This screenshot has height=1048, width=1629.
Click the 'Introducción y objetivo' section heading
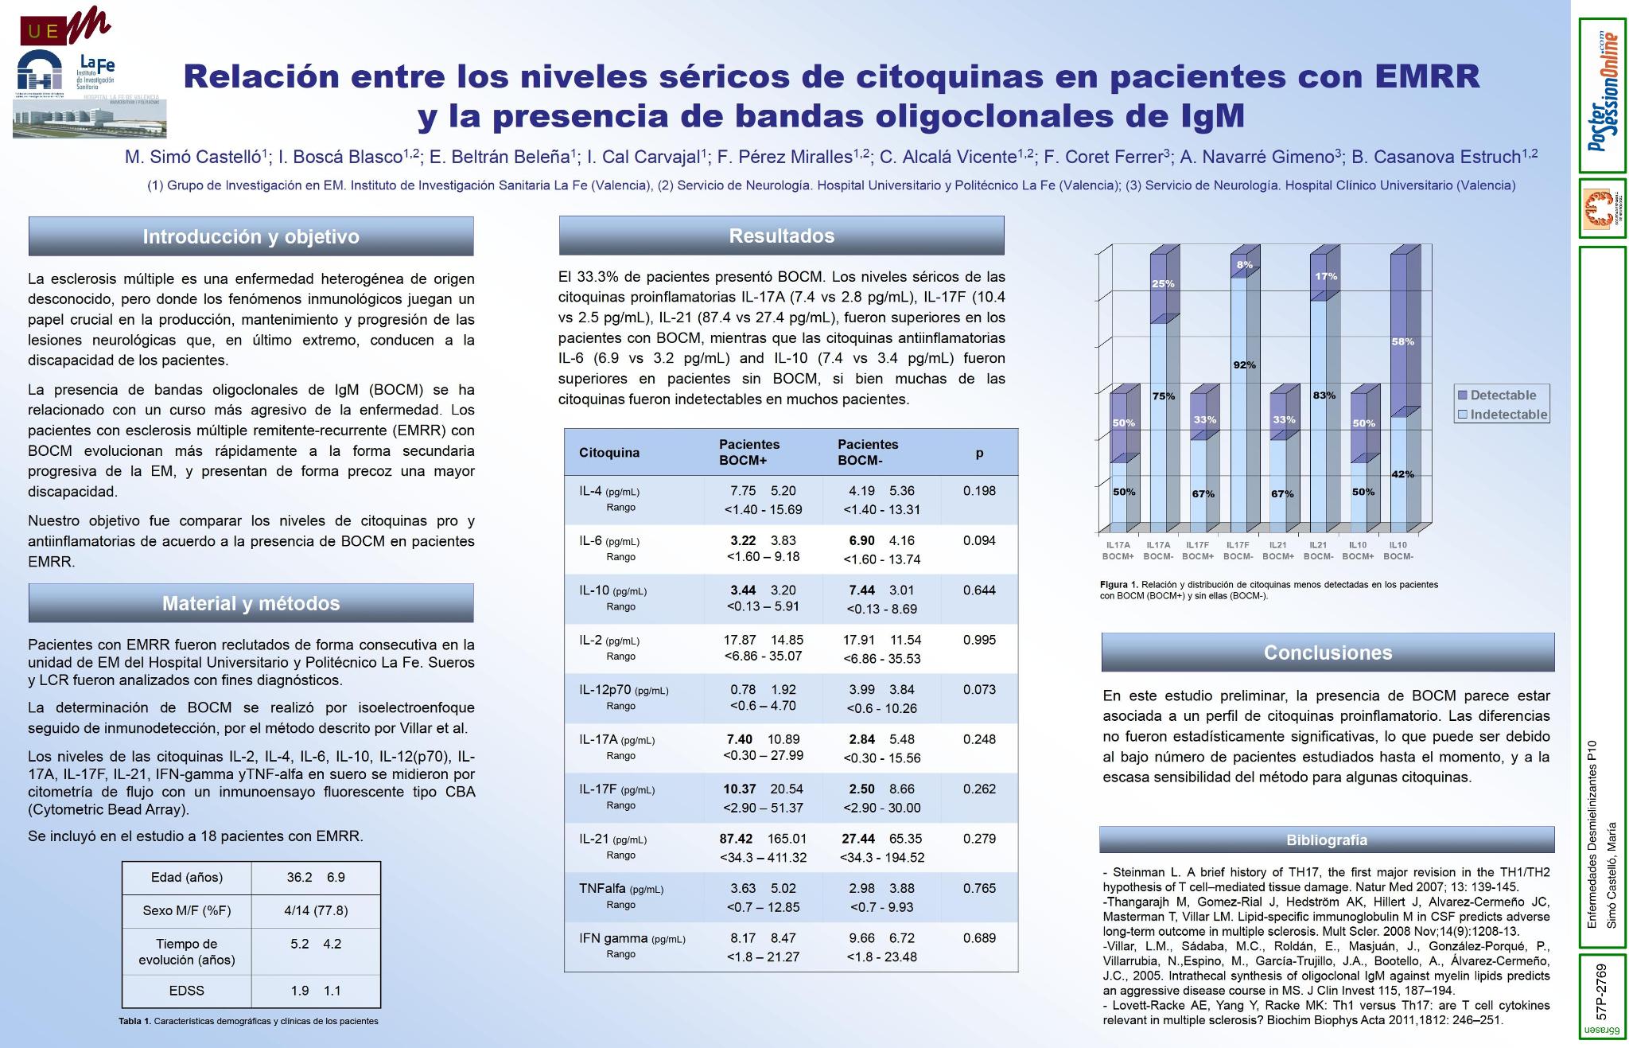(x=251, y=236)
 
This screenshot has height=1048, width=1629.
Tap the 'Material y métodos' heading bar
(x=251, y=603)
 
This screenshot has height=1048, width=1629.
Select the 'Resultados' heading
(x=781, y=236)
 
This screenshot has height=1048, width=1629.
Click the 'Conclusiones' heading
(x=1328, y=653)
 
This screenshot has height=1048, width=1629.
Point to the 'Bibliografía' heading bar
(x=1327, y=840)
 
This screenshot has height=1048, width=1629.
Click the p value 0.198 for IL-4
(x=979, y=491)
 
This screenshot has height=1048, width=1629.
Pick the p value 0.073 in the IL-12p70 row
(x=979, y=690)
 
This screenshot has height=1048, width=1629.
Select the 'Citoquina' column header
(x=609, y=453)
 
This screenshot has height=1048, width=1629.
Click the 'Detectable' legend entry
(x=1503, y=395)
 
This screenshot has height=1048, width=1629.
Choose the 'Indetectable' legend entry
(x=1503, y=414)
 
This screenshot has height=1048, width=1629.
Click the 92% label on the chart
(x=1244, y=365)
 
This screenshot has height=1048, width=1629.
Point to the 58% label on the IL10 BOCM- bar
(x=1402, y=341)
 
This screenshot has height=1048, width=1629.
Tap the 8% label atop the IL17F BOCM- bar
(x=1244, y=264)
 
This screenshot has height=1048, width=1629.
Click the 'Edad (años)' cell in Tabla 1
(x=187, y=878)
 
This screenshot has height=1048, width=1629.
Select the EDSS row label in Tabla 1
(x=187, y=991)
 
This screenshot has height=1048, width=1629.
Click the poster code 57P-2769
(x=1601, y=992)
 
